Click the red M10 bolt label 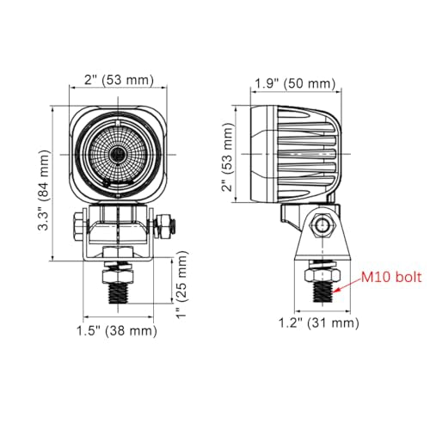pyautogui.click(x=391, y=278)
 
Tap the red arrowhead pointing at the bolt pyautogui.click(x=336, y=291)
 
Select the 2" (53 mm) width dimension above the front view pyautogui.click(x=119, y=80)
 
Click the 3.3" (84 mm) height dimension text pyautogui.click(x=44, y=190)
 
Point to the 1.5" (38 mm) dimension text pyautogui.click(x=117, y=331)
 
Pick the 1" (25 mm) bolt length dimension pyautogui.click(x=181, y=286)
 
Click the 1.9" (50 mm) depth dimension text pyautogui.click(x=295, y=83)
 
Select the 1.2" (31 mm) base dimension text pyautogui.click(x=319, y=323)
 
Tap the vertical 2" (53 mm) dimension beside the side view pyautogui.click(x=227, y=157)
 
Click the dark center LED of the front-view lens pyautogui.click(x=118, y=155)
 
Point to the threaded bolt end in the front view pyautogui.click(x=118, y=293)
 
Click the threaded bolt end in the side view pyautogui.click(x=322, y=292)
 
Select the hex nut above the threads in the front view pyautogui.click(x=118, y=276)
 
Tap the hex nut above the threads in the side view pyautogui.click(x=322, y=275)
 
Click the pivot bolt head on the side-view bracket pyautogui.click(x=322, y=224)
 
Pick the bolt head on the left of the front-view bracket pyautogui.click(x=78, y=226)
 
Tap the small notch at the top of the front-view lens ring pyautogui.click(x=118, y=123)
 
